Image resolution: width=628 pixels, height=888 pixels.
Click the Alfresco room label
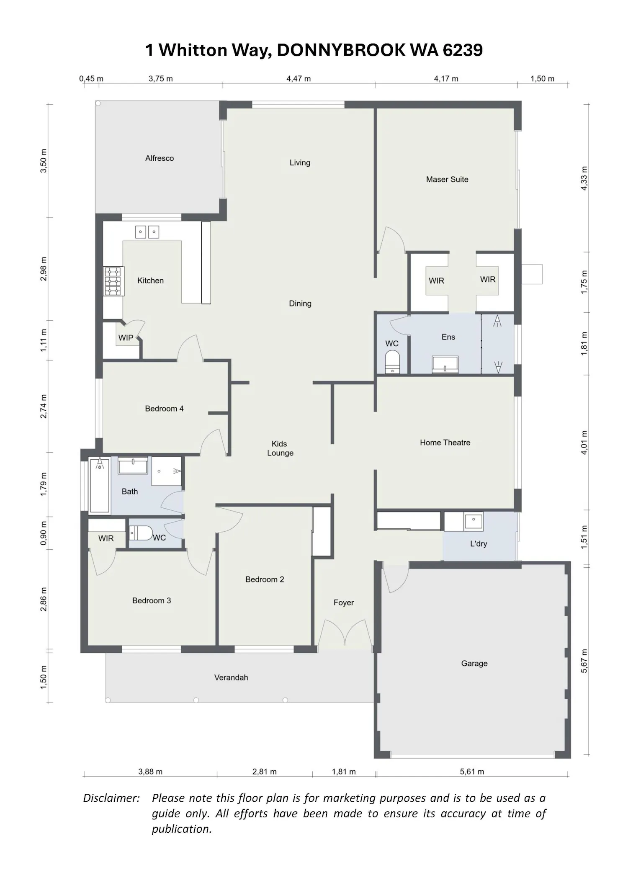(x=160, y=158)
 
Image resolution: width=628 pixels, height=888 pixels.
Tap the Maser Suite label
(x=447, y=179)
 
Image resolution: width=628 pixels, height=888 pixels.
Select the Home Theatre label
(x=445, y=443)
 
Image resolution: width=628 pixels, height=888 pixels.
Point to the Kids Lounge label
(x=280, y=448)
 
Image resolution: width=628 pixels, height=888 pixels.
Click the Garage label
(x=474, y=663)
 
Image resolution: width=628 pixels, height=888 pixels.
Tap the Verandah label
(x=231, y=677)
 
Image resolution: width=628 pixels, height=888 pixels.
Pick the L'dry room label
(x=479, y=544)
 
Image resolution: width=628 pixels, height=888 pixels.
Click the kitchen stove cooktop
(x=113, y=281)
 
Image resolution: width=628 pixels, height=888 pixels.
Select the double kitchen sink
(x=147, y=232)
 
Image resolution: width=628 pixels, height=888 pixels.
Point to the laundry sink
(x=474, y=521)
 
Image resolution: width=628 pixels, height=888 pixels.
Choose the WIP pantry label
(x=126, y=338)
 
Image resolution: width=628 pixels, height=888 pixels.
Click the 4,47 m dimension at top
(x=299, y=79)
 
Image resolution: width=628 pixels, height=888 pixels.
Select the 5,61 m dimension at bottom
(x=472, y=772)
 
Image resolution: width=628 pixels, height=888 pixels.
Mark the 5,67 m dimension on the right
(x=584, y=661)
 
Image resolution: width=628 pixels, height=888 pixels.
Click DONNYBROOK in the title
(x=341, y=50)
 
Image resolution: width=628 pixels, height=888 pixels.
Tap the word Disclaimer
(x=111, y=798)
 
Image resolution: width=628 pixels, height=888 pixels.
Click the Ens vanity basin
(x=445, y=364)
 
